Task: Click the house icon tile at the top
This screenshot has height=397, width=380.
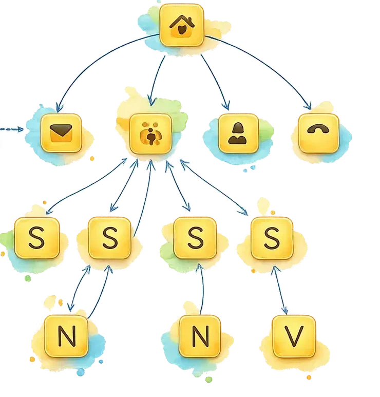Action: [x=182, y=25]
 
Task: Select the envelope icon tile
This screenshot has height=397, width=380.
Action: [x=61, y=133]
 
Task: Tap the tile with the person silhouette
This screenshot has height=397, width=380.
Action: [x=238, y=134]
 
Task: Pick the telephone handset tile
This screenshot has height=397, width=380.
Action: [x=318, y=133]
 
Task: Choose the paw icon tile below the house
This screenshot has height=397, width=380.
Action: [x=150, y=134]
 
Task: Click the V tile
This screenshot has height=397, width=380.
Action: [x=294, y=336]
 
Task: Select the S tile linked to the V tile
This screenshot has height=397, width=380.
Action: [x=272, y=238]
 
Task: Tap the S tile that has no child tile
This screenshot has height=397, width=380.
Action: [x=36, y=238]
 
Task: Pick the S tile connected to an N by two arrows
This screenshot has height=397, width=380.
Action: [x=109, y=238]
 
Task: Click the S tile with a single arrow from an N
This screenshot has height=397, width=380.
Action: [x=195, y=238]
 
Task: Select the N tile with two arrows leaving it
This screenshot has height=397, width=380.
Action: [x=66, y=336]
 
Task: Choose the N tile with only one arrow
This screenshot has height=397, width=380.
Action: [x=200, y=336]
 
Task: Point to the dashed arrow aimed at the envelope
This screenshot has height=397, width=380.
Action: [x=12, y=129]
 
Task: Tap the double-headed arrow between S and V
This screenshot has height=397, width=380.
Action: [x=279, y=290]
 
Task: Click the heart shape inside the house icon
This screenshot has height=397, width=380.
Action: [x=181, y=30]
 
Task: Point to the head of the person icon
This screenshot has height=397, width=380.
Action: [x=238, y=128]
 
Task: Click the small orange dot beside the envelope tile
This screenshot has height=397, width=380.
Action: [x=92, y=159]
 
